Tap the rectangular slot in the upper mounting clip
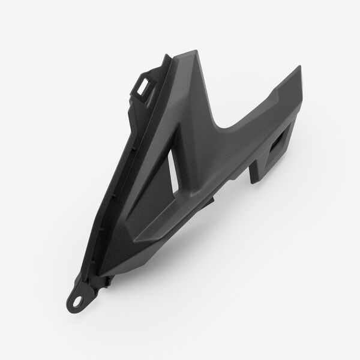144,85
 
